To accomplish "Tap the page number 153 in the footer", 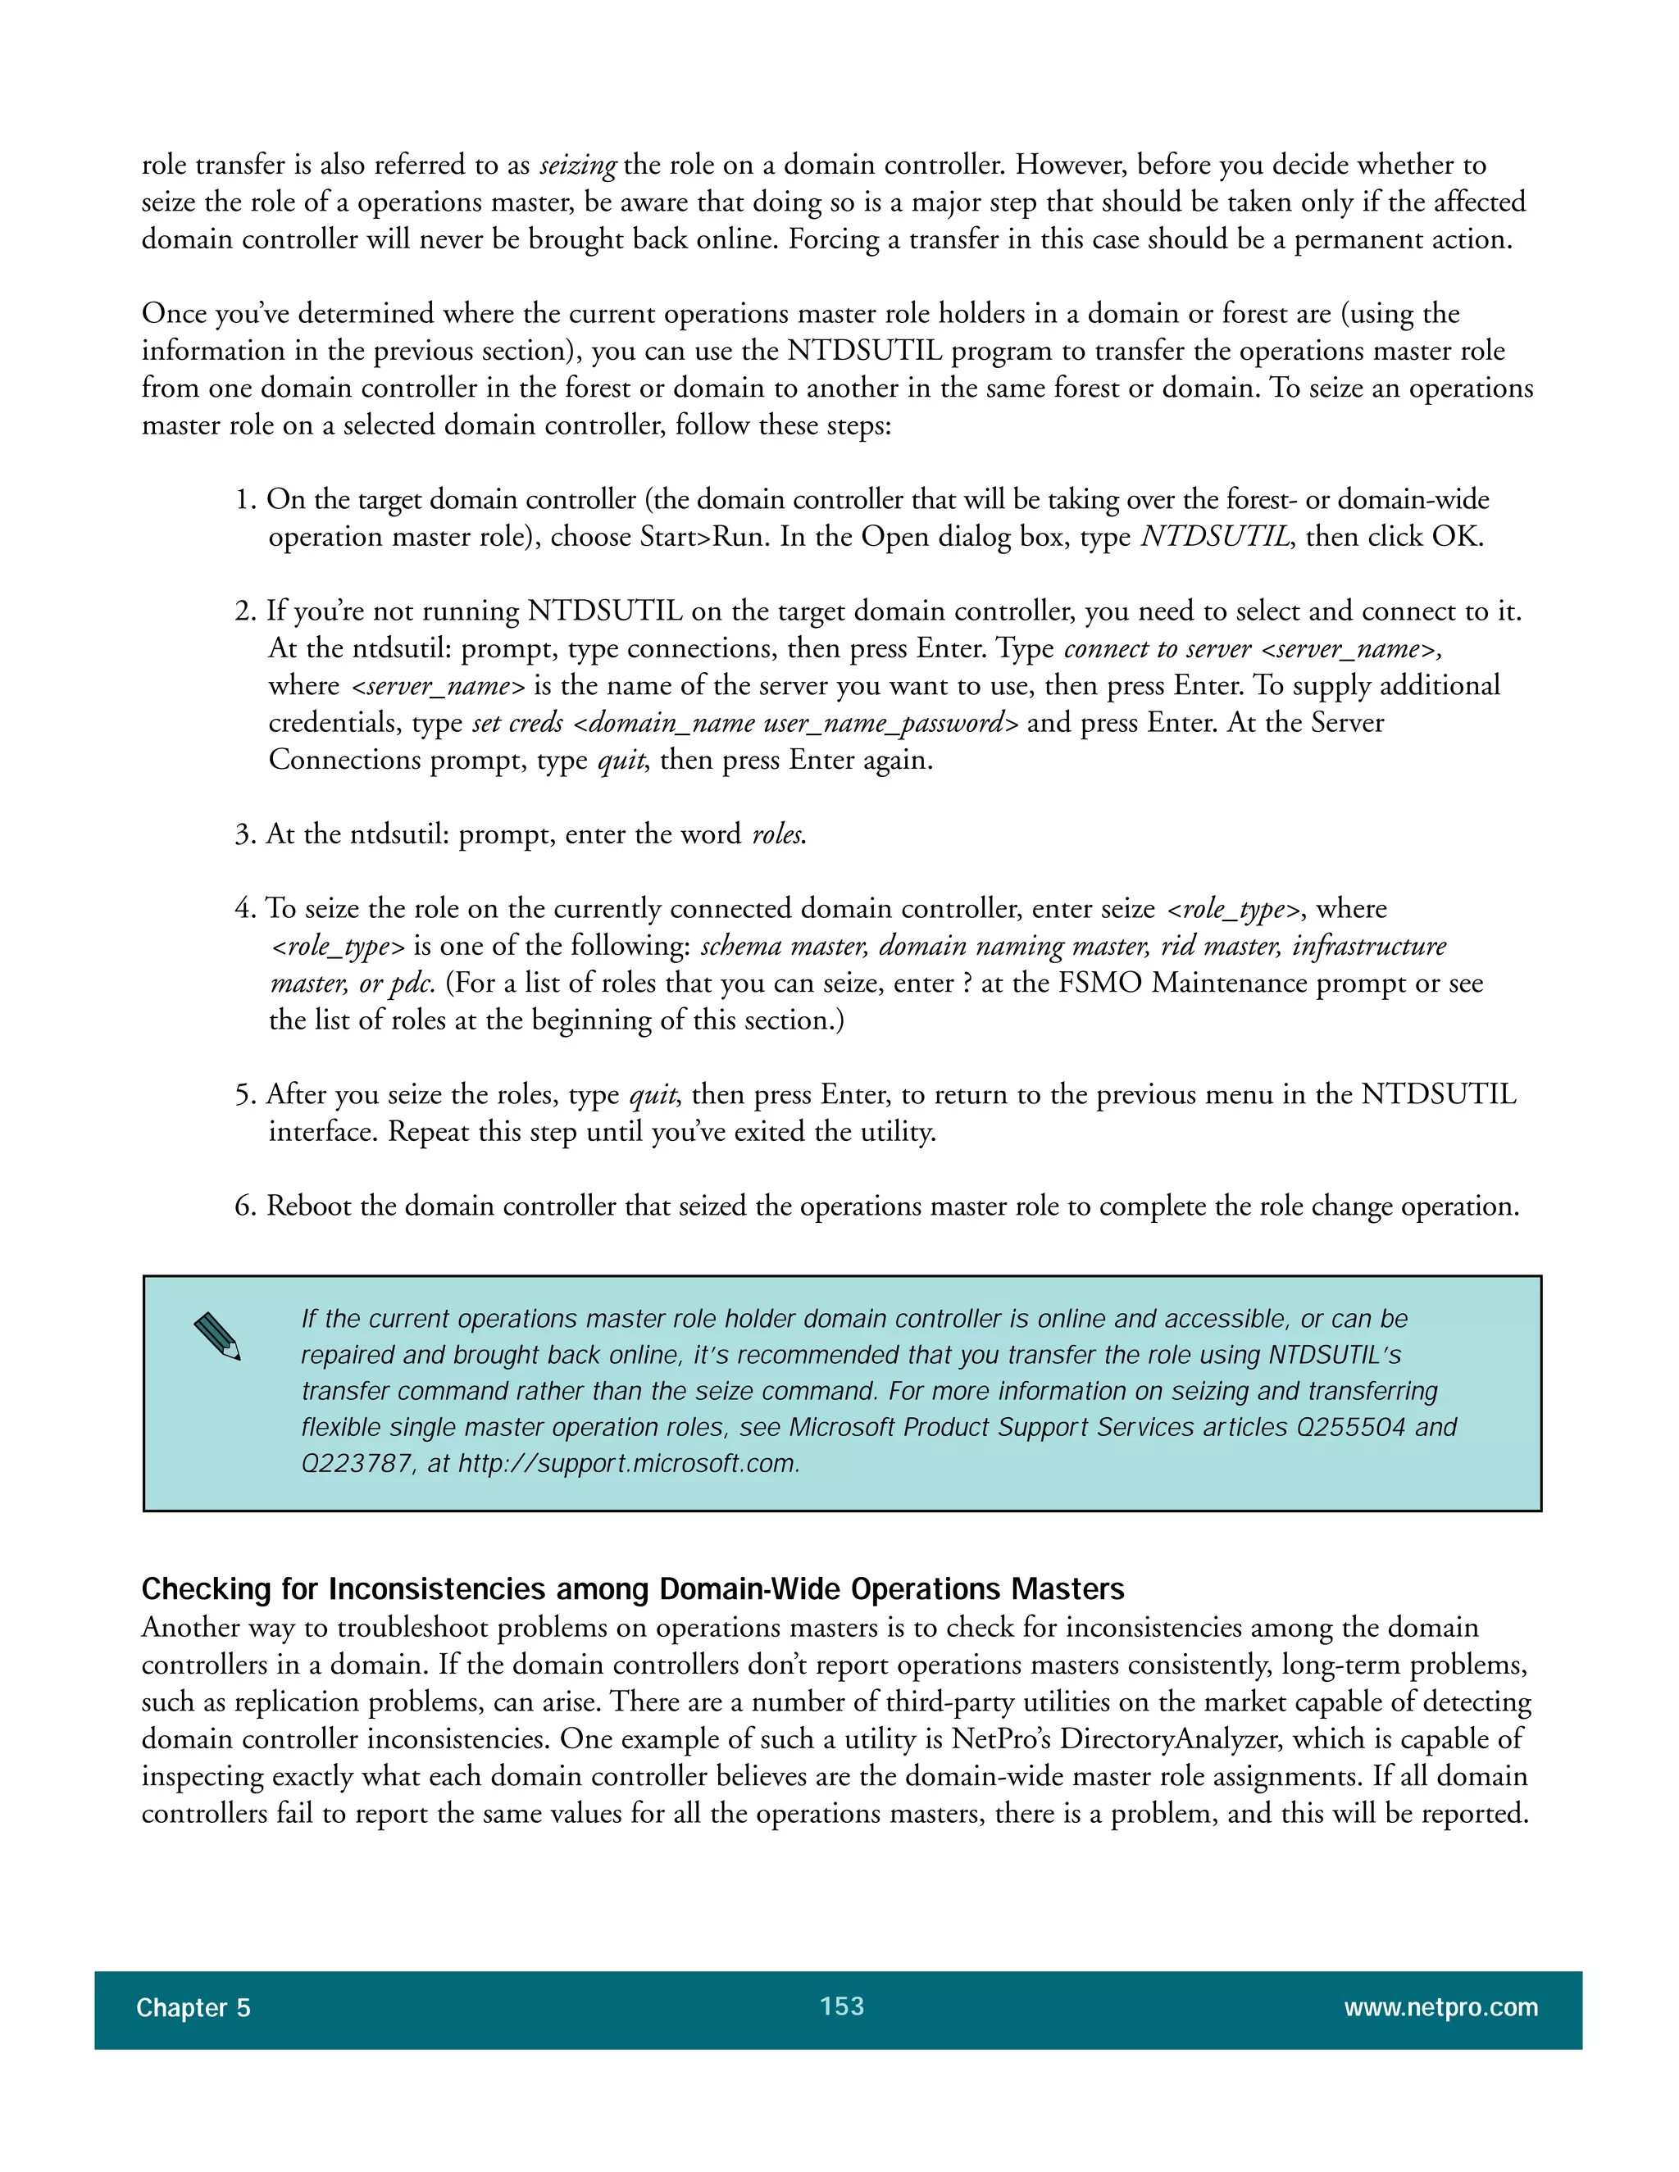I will tap(841, 2006).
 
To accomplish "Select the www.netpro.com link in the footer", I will tap(1440, 2008).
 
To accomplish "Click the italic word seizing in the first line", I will tap(578, 165).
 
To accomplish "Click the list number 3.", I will tap(243, 834).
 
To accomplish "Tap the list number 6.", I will tap(243, 1206).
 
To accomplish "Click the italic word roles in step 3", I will tap(777, 834).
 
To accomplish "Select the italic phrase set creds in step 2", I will tap(517, 723).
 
